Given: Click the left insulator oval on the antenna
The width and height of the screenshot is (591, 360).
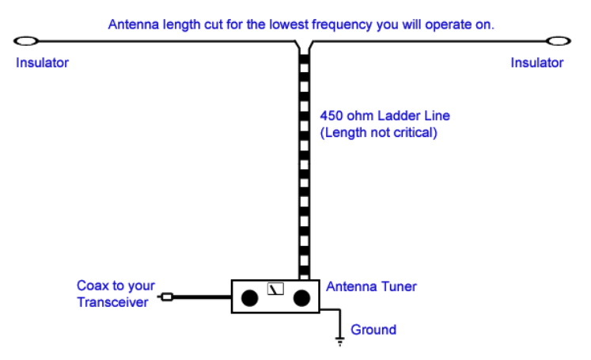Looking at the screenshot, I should pyautogui.click(x=26, y=40).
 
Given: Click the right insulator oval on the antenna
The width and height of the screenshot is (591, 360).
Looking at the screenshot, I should pyautogui.click(x=559, y=40).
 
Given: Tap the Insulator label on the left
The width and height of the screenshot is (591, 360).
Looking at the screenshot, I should pyautogui.click(x=42, y=63).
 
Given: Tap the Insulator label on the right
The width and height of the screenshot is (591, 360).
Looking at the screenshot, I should pyautogui.click(x=537, y=63).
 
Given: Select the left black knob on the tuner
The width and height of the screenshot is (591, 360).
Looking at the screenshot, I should pyautogui.click(x=250, y=298).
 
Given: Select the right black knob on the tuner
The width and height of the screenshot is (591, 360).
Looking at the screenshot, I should pyautogui.click(x=301, y=298).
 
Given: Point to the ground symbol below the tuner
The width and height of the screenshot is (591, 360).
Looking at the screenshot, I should pyautogui.click(x=340, y=341).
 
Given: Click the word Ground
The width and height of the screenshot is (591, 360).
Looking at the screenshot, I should pyautogui.click(x=373, y=329).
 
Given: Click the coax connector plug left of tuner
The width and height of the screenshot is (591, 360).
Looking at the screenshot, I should pyautogui.click(x=166, y=297).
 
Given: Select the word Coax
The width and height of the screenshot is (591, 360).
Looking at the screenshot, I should pyautogui.click(x=92, y=286).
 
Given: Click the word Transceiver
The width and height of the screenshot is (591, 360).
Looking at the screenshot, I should pyautogui.click(x=112, y=301).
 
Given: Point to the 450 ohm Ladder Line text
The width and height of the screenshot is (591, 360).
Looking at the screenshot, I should pyautogui.click(x=385, y=116).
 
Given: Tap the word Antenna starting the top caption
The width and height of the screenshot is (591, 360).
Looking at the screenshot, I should pyautogui.click(x=132, y=25).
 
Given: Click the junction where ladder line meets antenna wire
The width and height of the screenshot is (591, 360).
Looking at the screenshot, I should pyautogui.click(x=305, y=45).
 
